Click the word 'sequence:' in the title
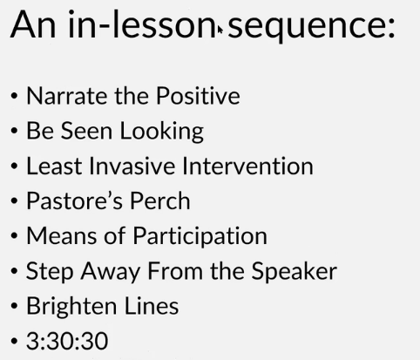click(312, 27)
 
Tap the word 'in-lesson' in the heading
click(143, 24)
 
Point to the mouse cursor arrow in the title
click(220, 30)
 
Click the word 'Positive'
click(199, 96)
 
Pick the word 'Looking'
click(162, 132)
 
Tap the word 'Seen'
click(86, 131)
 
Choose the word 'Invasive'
click(132, 166)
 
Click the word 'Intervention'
click(247, 166)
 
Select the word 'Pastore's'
click(74, 200)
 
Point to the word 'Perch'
click(160, 200)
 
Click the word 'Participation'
click(200, 237)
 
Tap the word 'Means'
click(62, 235)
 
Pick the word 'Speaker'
click(295, 272)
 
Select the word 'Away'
click(111, 272)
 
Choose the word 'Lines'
click(152, 306)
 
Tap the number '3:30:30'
click(67, 341)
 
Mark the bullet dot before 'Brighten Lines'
click(14, 306)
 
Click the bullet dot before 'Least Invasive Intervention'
click(14, 166)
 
